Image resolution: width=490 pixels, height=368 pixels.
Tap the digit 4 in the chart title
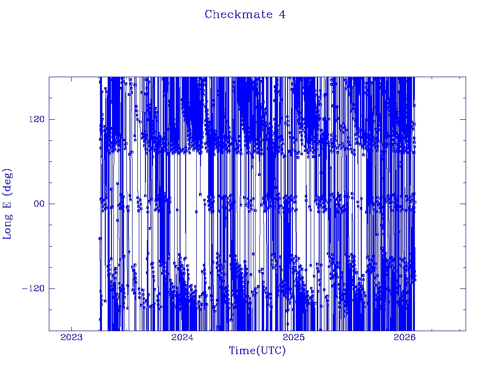pyautogui.click(x=282, y=14)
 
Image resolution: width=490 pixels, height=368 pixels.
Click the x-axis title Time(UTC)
pyautogui.click(x=257, y=351)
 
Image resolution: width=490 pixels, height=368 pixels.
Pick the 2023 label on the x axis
pyautogui.click(x=71, y=338)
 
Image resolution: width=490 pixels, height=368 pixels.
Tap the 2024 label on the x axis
pyautogui.click(x=182, y=338)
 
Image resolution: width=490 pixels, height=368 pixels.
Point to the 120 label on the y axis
pyautogui.click(x=34, y=119)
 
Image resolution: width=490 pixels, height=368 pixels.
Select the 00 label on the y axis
pyautogui.click(x=36, y=204)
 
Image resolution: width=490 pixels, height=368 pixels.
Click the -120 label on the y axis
pyautogui.click(x=32, y=288)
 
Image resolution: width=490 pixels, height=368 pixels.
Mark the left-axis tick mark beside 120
pyautogui.click(x=51, y=119)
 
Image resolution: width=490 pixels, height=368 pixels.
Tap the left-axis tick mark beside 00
pyautogui.click(x=51, y=204)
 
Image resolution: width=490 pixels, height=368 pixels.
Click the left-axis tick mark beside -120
pyautogui.click(x=51, y=288)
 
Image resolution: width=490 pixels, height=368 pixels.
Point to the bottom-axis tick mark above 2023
pyautogui.click(x=71, y=328)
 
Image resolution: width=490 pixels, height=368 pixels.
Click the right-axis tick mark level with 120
pyautogui.click(x=463, y=119)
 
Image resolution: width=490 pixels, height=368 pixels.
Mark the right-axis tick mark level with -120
pyautogui.click(x=463, y=288)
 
